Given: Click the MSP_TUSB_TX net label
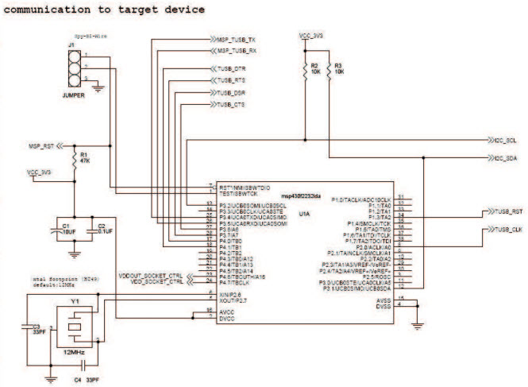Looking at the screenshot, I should tap(236, 39).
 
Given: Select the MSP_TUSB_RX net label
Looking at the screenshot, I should tap(236, 51).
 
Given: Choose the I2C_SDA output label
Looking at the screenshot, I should tap(507, 159).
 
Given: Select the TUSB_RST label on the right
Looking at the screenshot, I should tap(505, 213).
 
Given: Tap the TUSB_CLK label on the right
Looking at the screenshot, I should tap(505, 230).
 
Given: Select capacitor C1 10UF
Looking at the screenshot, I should tap(67, 229).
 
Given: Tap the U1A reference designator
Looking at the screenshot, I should tap(304, 214).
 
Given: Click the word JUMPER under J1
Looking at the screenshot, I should tap(73, 94).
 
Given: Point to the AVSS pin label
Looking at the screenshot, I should tap(384, 299).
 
